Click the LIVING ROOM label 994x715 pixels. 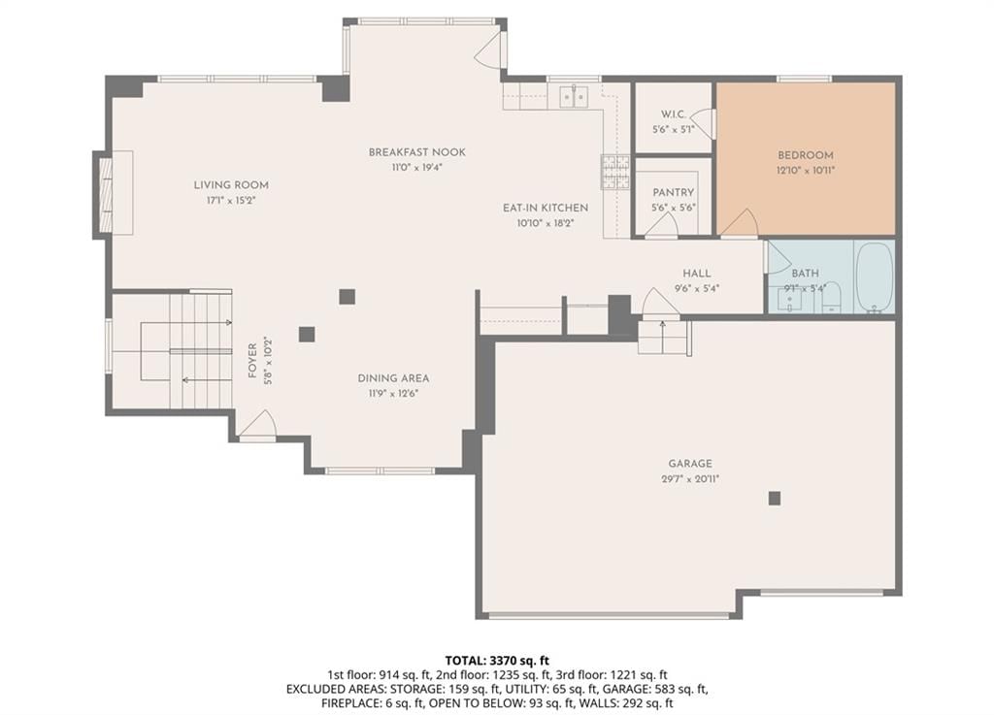coord(231,185)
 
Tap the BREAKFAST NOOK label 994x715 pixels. coord(417,152)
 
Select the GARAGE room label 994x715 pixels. coord(690,464)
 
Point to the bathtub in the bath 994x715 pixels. coord(875,277)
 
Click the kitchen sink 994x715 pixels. coord(574,97)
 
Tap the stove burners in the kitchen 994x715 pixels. coord(614,172)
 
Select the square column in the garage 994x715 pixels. coord(774,499)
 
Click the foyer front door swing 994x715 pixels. coord(257,424)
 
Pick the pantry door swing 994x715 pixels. coord(662,225)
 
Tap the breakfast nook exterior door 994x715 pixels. coord(489,49)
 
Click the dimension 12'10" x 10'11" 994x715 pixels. coord(805,171)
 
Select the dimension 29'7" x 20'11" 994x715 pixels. coord(690,479)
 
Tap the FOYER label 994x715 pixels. coord(252,361)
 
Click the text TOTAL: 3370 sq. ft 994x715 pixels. coord(497,662)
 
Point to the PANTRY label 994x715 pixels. coord(674,192)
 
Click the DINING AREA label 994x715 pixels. coord(394,378)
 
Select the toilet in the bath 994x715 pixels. coord(831,298)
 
